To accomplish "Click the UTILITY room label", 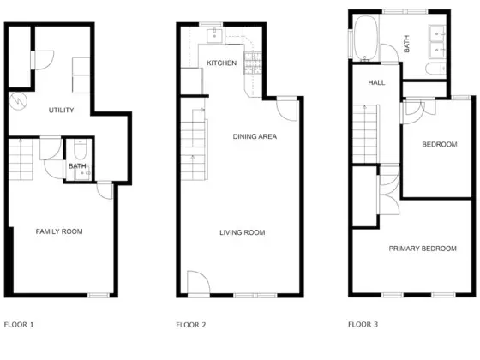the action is (61, 110).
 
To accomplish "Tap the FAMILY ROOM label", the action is (59, 231).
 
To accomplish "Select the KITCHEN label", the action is (222, 63).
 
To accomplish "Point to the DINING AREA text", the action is (255, 136).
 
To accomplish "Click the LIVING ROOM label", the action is (242, 232).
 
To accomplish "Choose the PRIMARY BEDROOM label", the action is (423, 249).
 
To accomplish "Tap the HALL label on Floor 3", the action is (376, 82).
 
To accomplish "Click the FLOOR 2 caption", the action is (190, 325).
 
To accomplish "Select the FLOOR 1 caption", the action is (19, 325).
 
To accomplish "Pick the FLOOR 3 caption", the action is (363, 324).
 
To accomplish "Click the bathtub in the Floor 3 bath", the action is (366, 39).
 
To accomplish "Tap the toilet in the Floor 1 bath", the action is (81, 149).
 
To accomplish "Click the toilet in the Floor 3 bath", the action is (435, 69).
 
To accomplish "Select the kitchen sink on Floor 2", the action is (214, 36).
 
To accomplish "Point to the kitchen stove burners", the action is (253, 63).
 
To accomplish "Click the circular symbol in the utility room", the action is (18, 101).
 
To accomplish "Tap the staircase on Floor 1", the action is (21, 159).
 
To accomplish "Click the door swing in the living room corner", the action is (198, 282).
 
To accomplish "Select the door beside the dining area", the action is (287, 111).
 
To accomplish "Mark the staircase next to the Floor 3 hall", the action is (366, 134).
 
